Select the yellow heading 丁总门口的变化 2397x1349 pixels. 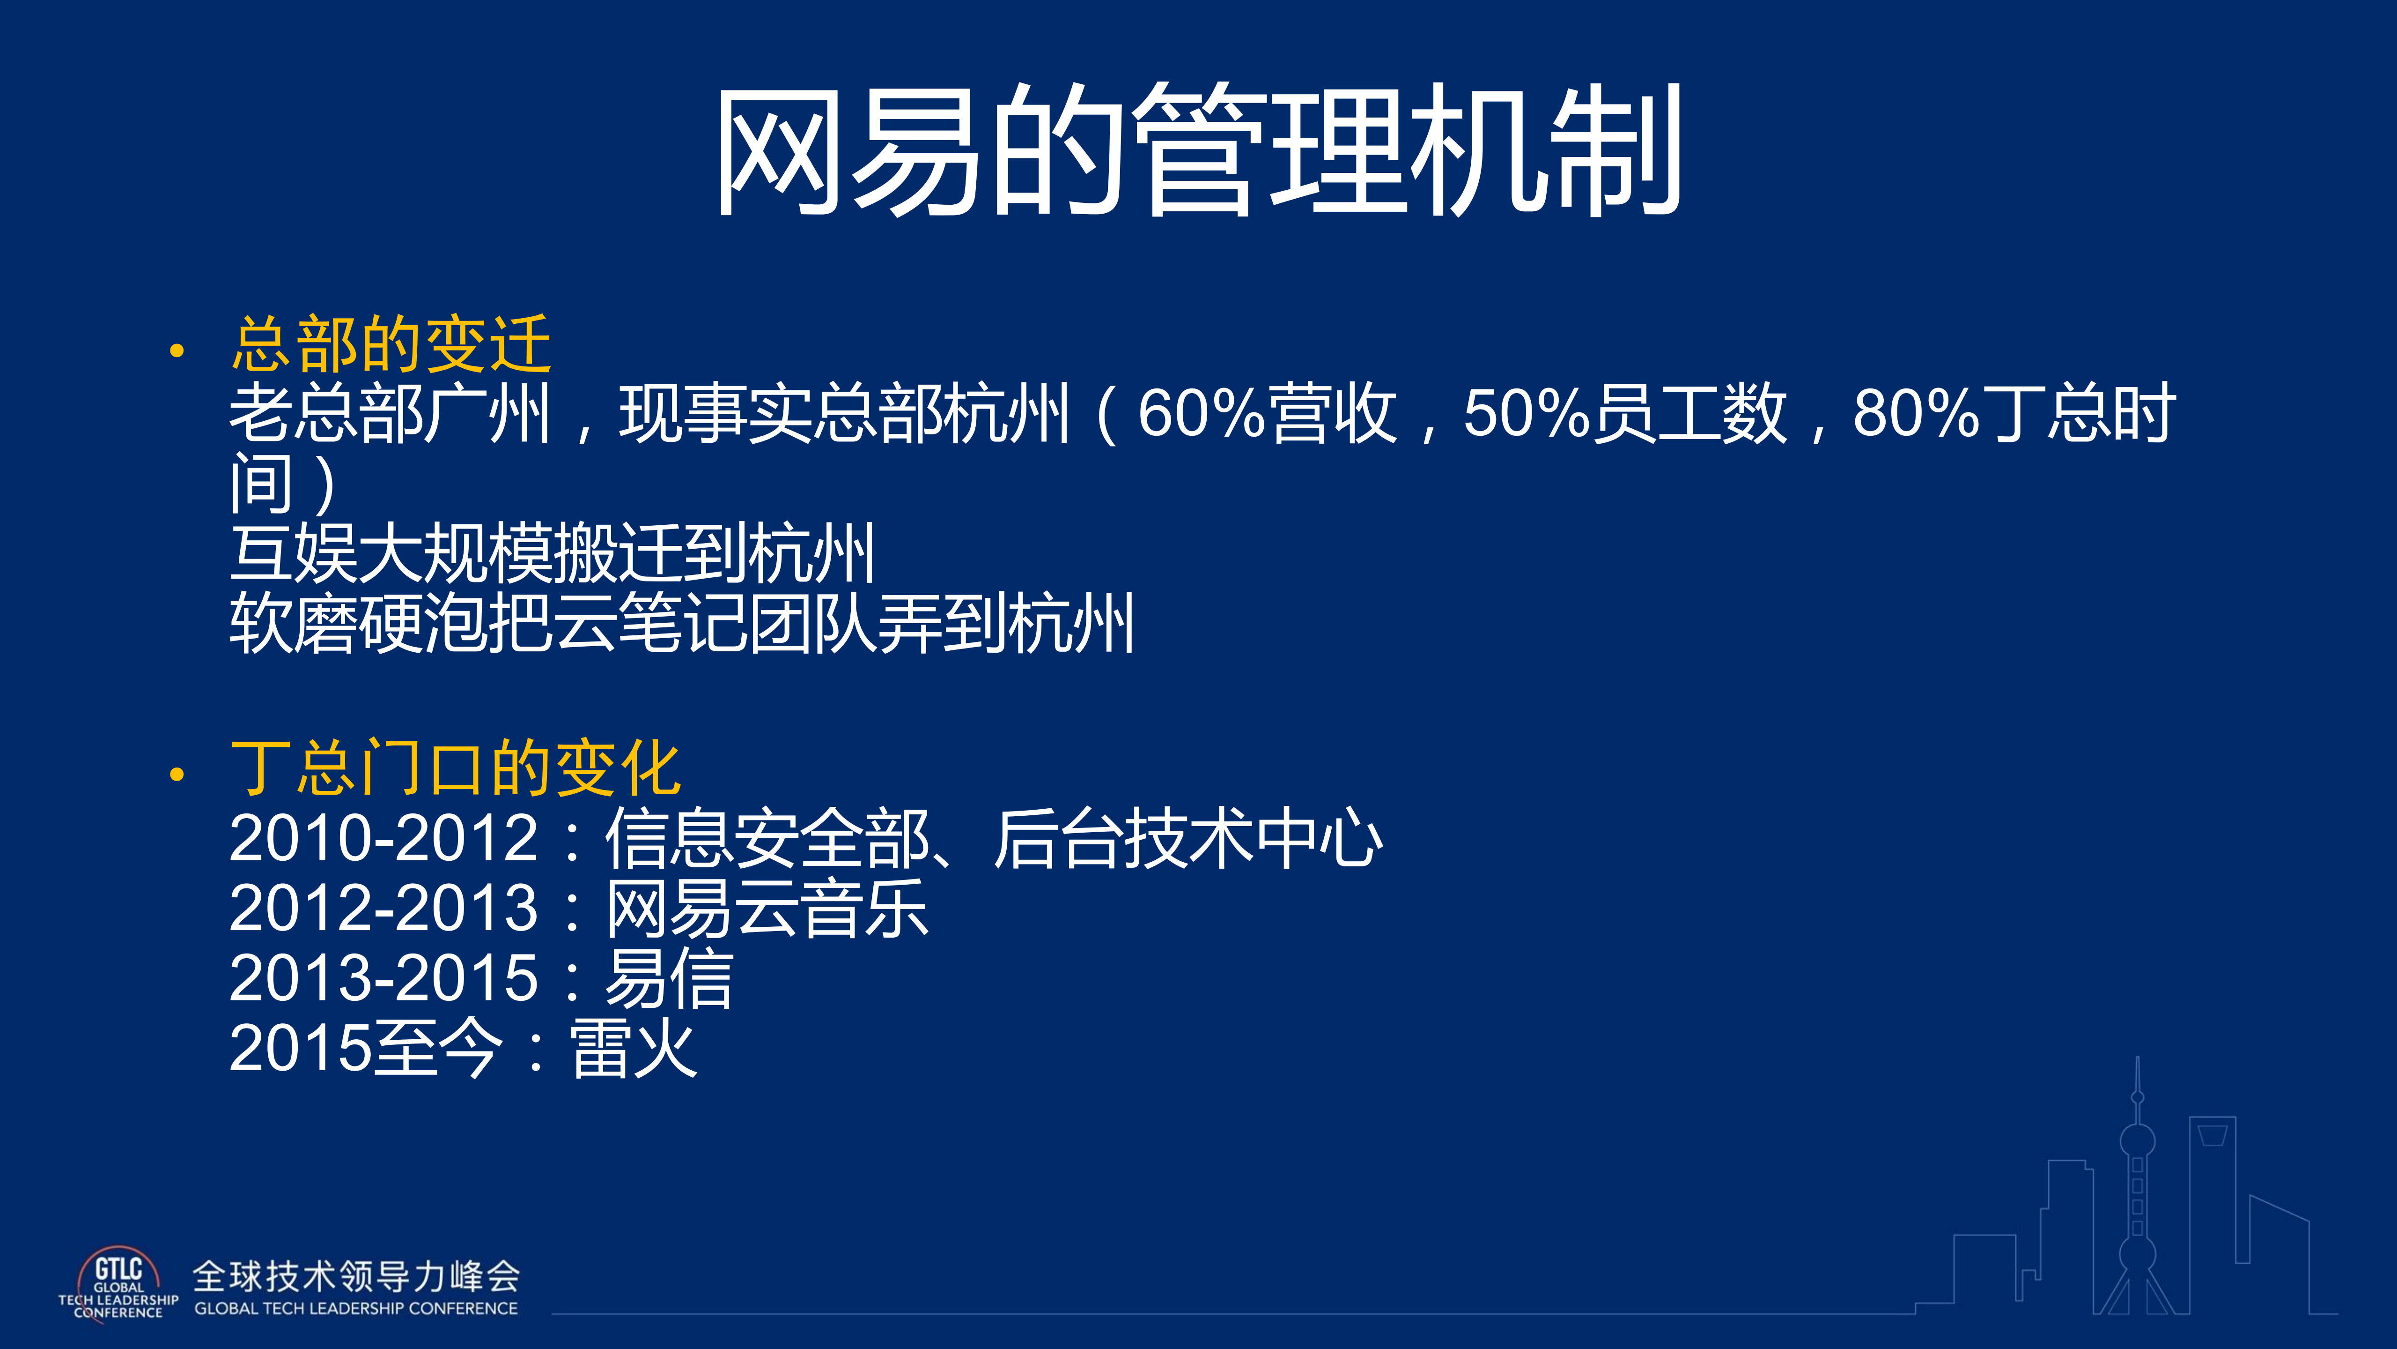click(456, 769)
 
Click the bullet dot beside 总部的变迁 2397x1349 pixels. click(177, 352)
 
